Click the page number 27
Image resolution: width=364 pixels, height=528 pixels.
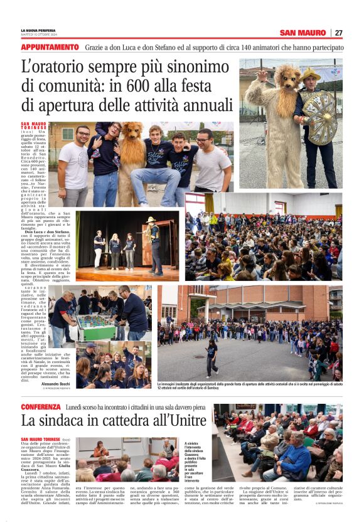tap(338, 33)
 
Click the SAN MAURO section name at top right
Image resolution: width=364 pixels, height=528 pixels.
tap(302, 33)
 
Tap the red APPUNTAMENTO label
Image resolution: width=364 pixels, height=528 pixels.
tap(50, 47)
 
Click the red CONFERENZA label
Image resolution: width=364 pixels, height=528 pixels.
tap(41, 406)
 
